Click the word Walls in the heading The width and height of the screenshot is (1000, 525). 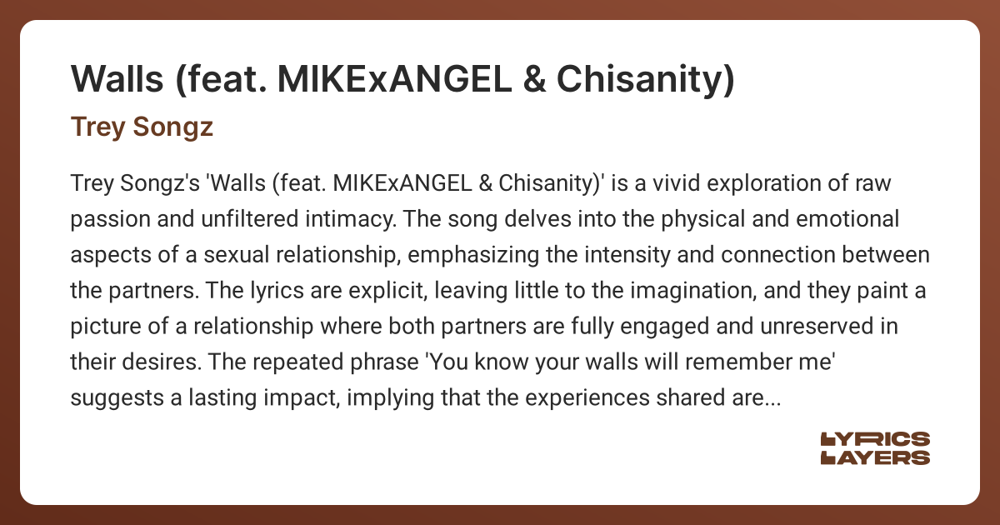[x=117, y=79]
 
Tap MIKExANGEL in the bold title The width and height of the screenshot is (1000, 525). [x=394, y=79]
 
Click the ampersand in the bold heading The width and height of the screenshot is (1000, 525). [x=534, y=79]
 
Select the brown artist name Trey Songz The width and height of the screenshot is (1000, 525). [x=142, y=127]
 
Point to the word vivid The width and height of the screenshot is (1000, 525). [x=677, y=183]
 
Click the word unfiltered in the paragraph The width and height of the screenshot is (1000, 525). [x=249, y=219]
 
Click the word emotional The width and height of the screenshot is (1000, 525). [x=847, y=219]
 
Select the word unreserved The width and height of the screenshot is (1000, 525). [x=817, y=327]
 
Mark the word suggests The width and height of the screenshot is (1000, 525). [x=117, y=398]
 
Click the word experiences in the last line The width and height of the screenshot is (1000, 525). [x=587, y=398]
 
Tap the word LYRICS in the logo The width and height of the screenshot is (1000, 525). [x=875, y=439]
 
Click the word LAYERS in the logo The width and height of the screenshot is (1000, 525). [x=875, y=457]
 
